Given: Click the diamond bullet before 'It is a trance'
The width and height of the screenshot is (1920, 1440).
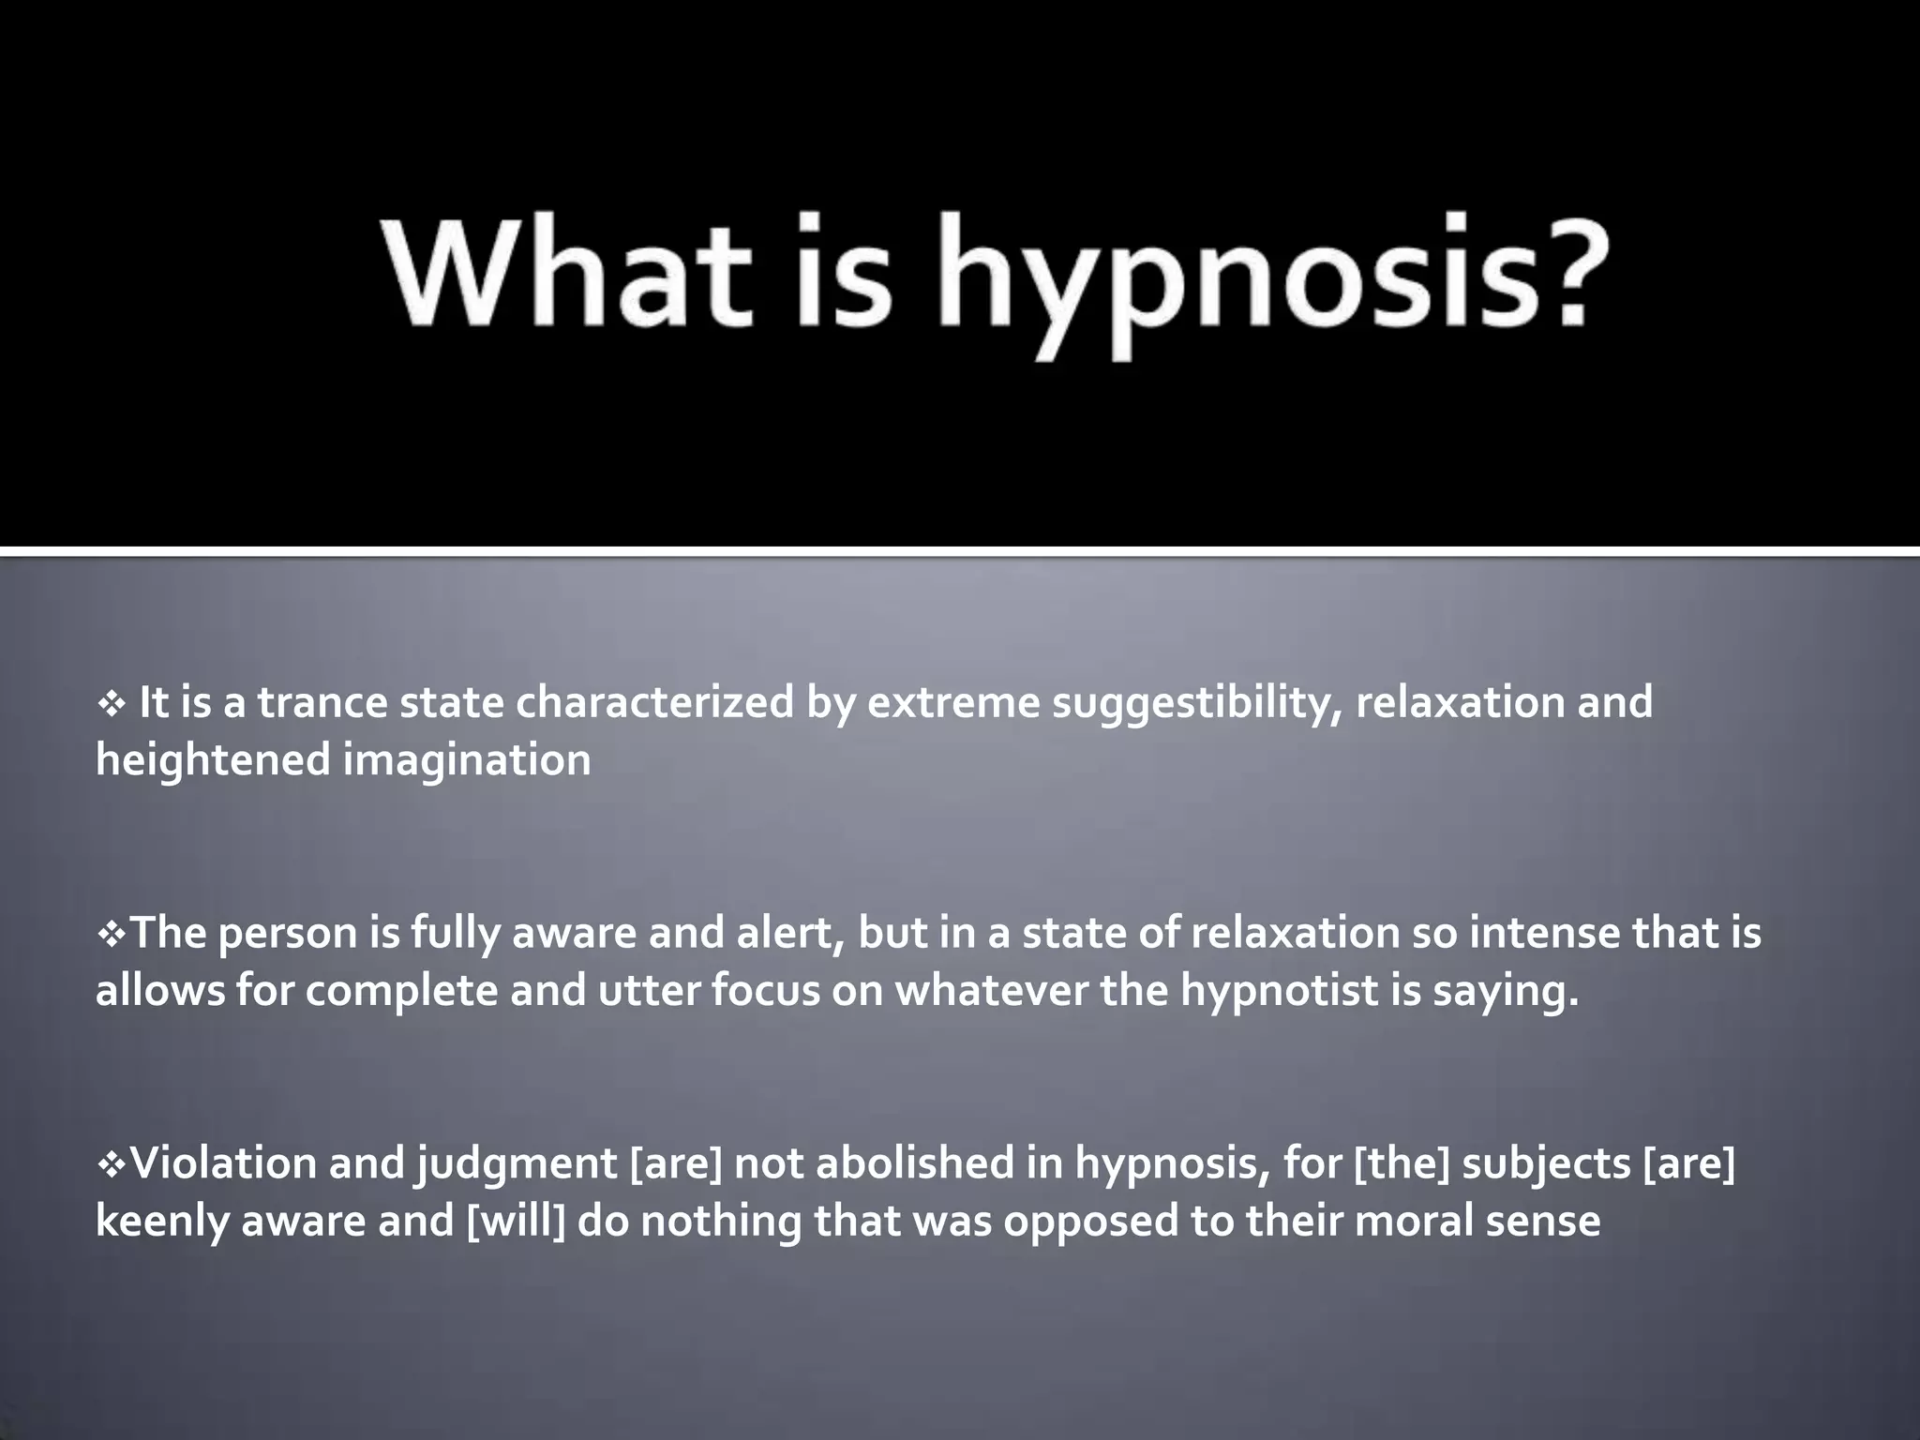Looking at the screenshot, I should (112, 704).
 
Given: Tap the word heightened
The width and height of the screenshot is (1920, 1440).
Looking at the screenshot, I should (213, 760).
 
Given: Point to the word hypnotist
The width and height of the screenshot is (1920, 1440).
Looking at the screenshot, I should (1280, 991).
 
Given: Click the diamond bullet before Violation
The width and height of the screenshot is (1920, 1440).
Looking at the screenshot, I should (111, 1165).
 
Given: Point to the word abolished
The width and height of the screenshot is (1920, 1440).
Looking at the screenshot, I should (915, 1164).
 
